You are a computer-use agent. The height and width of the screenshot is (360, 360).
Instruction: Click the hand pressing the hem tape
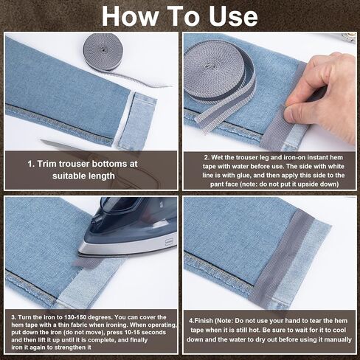325,92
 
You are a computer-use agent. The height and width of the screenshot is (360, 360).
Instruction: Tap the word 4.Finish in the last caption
202,321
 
